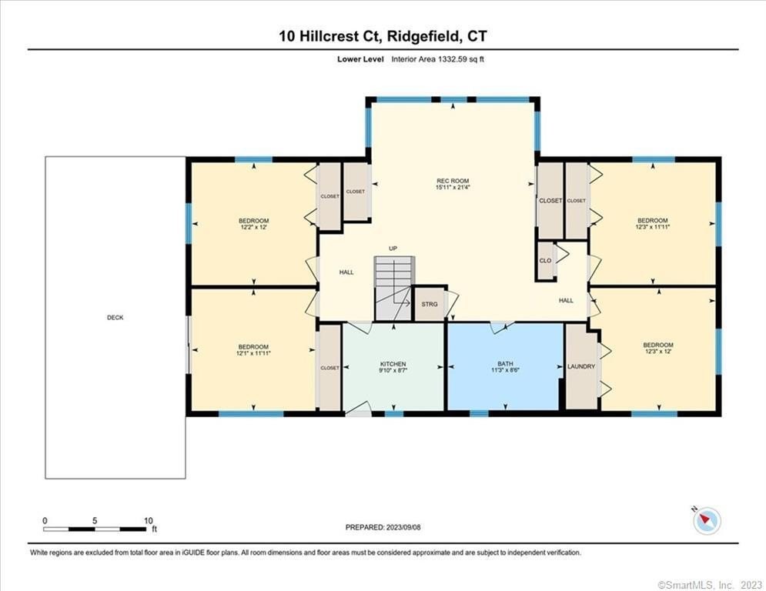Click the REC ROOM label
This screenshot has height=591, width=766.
tap(453, 181)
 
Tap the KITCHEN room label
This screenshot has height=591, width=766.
tap(393, 364)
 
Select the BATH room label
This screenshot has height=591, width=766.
tap(505, 364)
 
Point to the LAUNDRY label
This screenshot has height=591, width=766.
tap(580, 366)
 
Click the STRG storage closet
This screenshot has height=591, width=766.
tap(430, 304)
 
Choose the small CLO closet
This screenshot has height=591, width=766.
tap(545, 261)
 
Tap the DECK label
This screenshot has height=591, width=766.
tap(115, 318)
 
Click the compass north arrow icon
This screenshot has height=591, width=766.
tap(707, 521)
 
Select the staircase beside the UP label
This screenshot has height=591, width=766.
tap(393, 289)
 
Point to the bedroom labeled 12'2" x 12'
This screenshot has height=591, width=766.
tap(253, 224)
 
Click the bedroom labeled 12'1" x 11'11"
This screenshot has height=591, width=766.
tap(253, 349)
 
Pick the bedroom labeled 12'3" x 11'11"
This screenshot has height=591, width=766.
tap(653, 224)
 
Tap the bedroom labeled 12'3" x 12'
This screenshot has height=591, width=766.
tap(658, 349)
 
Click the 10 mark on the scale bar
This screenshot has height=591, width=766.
tap(149, 521)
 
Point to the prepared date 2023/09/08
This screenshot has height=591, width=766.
tap(403, 527)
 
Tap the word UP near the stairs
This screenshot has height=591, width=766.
tap(393, 249)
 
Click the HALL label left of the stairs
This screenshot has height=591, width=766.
tap(346, 272)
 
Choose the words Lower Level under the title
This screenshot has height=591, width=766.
tap(360, 59)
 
